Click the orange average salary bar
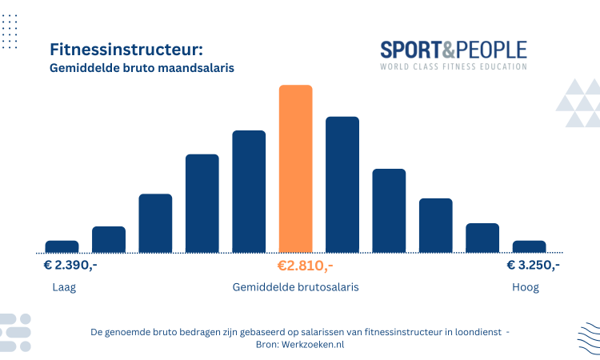[x=295, y=168]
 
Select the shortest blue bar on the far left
[x=62, y=246]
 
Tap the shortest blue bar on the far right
[x=529, y=246]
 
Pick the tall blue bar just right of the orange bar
[x=342, y=184]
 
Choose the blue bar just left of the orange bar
[x=249, y=190]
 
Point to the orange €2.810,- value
[x=305, y=266]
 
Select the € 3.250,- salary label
[x=533, y=266]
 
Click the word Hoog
[x=526, y=287]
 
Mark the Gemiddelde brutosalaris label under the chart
[x=295, y=287]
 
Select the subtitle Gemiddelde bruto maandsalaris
[x=142, y=69]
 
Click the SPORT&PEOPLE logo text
[x=453, y=50]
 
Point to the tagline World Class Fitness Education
[x=453, y=66]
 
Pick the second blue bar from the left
[x=109, y=239]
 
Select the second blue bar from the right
[x=482, y=238]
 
